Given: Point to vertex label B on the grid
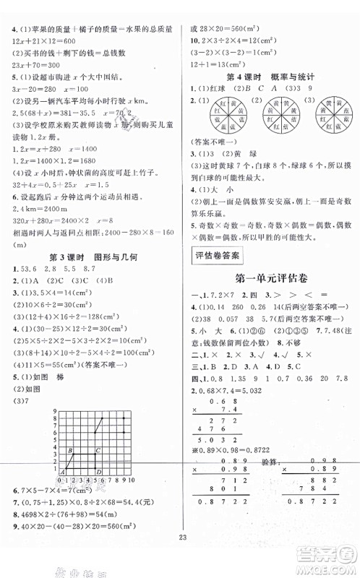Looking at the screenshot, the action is pos(69,451).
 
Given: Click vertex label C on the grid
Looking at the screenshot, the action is pos(98,451).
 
